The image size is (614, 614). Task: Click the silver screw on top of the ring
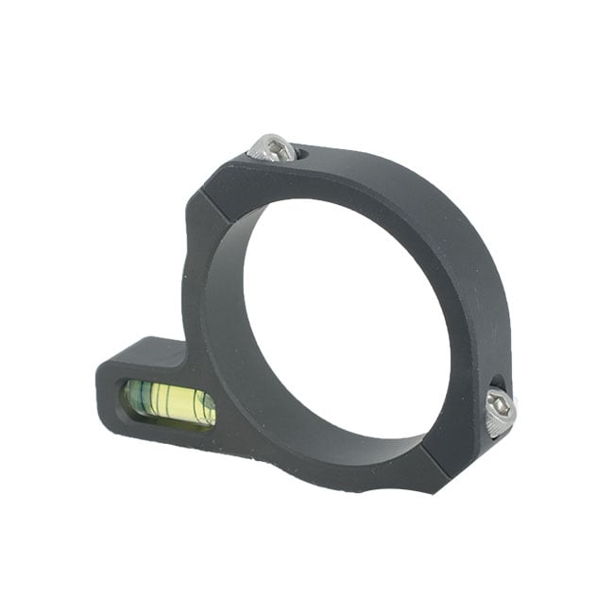[273, 147]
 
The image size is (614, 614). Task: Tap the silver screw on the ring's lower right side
[501, 413]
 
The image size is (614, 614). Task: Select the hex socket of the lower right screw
[503, 408]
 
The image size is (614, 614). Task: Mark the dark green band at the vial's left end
[133, 396]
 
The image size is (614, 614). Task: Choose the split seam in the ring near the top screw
[210, 193]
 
